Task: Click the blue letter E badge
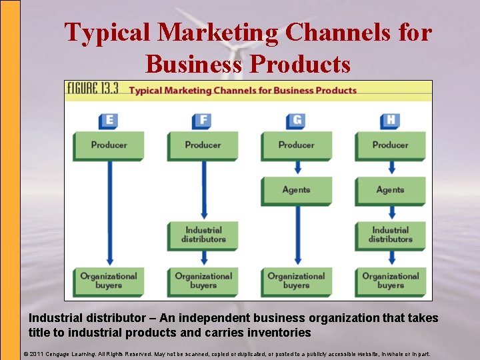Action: pyautogui.click(x=108, y=121)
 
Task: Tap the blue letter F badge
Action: pyautogui.click(x=202, y=121)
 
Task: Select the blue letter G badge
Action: pyautogui.click(x=296, y=121)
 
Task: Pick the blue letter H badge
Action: pyautogui.click(x=390, y=121)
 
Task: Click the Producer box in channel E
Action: pyautogui.click(x=109, y=145)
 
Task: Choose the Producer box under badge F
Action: pyautogui.click(x=203, y=145)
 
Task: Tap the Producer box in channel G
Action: pyautogui.click(x=296, y=145)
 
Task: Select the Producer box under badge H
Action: pyautogui.click(x=390, y=145)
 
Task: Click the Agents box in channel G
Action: pyautogui.click(x=296, y=190)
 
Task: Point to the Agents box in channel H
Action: pyautogui.click(x=390, y=190)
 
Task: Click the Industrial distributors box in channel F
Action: pyautogui.click(x=203, y=235)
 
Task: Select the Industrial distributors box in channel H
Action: pyautogui.click(x=390, y=235)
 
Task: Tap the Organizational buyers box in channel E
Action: pyautogui.click(x=109, y=280)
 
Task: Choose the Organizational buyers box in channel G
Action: pyautogui.click(x=296, y=280)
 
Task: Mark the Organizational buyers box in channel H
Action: pyautogui.click(x=390, y=280)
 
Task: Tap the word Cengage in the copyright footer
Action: pyautogui.click(x=66, y=354)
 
